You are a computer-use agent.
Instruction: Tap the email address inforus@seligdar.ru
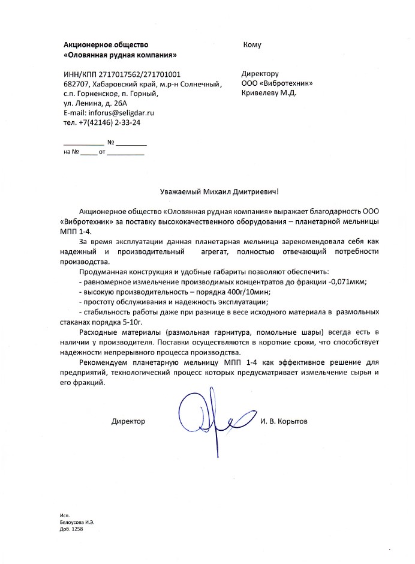(x=117, y=113)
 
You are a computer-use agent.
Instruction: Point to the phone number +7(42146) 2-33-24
(x=107, y=122)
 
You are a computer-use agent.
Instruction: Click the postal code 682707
(x=76, y=84)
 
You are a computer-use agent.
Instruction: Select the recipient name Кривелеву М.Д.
(x=269, y=93)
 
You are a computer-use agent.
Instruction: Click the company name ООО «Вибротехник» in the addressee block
(x=276, y=83)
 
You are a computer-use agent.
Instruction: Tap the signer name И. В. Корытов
(x=284, y=422)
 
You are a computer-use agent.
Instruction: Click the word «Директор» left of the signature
(x=128, y=422)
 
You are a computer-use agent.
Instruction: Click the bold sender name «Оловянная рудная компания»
(x=120, y=55)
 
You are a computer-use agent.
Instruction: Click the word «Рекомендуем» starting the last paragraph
(x=102, y=363)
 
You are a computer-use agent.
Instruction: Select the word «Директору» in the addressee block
(x=260, y=74)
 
